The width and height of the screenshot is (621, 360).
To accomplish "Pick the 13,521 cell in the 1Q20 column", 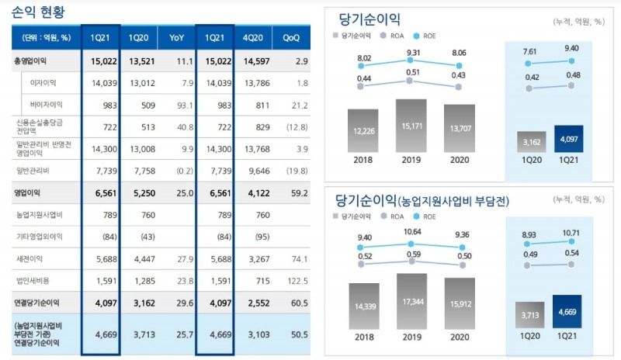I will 138,60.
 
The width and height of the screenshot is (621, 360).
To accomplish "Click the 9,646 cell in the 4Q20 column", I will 255,170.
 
